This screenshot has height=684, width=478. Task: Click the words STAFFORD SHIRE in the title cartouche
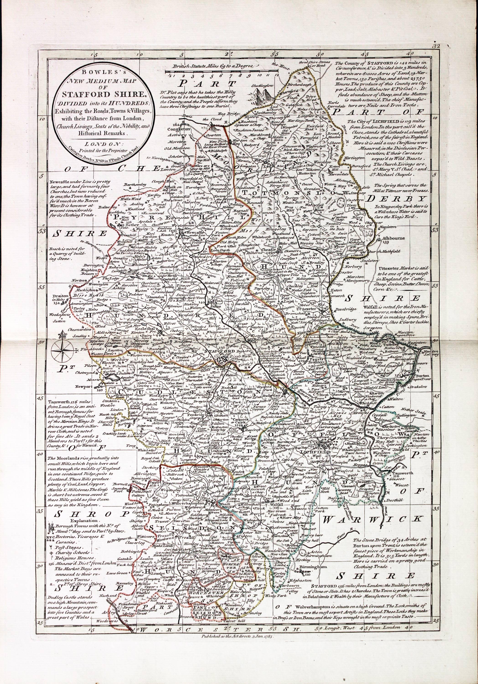point(103,95)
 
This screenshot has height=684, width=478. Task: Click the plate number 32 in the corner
point(437,46)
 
